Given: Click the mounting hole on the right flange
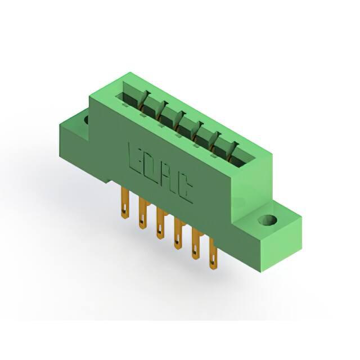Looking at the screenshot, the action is [268, 220].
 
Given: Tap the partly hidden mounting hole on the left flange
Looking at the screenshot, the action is [86, 120].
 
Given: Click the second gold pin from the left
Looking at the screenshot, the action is [143, 214].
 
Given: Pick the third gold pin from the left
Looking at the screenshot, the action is [160, 223].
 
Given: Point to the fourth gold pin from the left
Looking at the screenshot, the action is [178, 234].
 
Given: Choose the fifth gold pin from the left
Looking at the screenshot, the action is [195, 244].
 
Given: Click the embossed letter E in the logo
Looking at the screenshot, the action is [134, 159].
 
